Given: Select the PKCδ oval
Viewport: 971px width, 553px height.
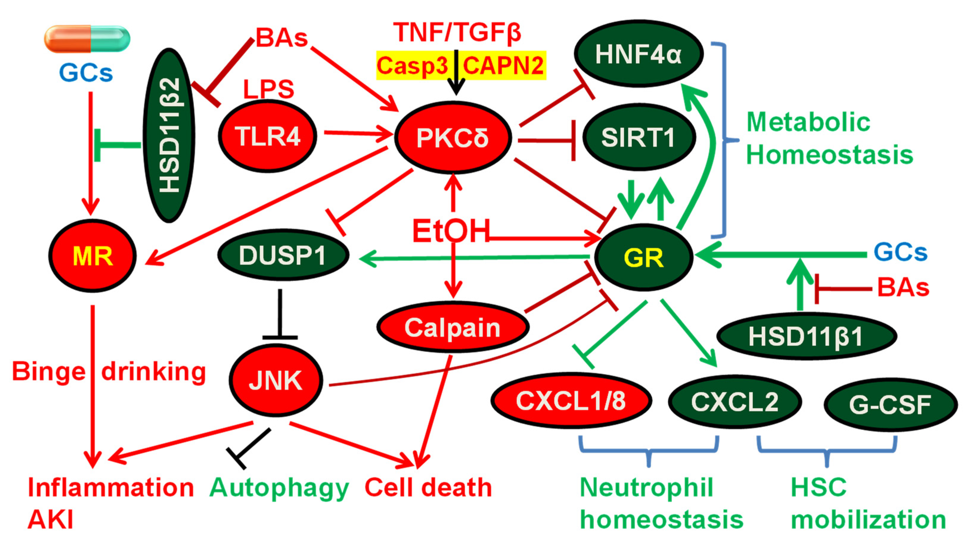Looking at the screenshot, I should [x=453, y=138].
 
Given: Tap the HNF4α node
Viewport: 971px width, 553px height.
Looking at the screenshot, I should [x=638, y=54].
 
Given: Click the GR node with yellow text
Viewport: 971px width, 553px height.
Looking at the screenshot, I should [x=644, y=258].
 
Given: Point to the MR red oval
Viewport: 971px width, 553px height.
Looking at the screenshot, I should [x=92, y=256].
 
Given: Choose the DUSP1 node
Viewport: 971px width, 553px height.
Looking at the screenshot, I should [x=283, y=255].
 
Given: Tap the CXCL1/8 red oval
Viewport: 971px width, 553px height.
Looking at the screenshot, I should [x=571, y=401].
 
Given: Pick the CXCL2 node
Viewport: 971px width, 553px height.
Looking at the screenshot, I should [x=735, y=402].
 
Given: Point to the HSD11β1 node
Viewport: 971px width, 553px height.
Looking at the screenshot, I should [x=806, y=337].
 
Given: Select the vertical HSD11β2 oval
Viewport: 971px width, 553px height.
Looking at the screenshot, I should [x=169, y=135].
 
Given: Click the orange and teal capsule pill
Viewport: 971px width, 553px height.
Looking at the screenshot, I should [x=87, y=39].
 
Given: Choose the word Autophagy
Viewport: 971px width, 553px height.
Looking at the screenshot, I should [x=279, y=488].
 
